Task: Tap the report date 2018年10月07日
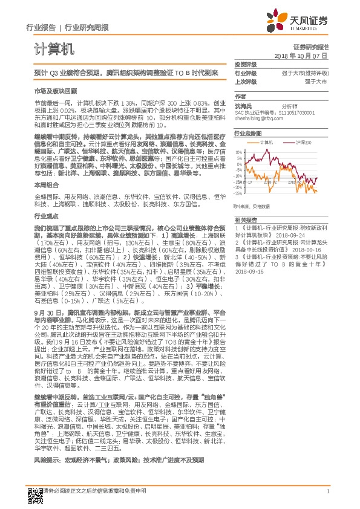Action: tap(301, 55)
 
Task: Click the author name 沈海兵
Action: tap(243, 105)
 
